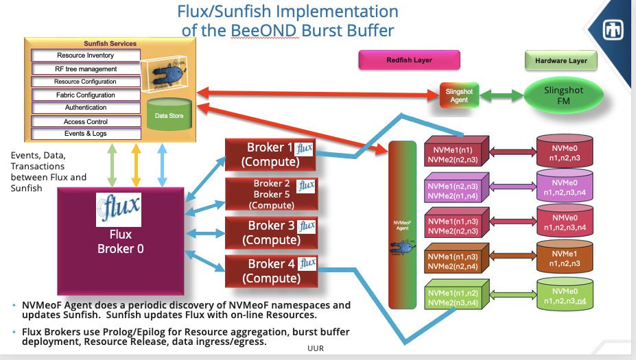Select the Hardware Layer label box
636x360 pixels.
coord(561,60)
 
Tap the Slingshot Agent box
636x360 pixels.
coord(459,95)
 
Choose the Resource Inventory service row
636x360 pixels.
coord(86,56)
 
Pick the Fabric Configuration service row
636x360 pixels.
coord(86,95)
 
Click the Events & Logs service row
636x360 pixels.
coord(86,134)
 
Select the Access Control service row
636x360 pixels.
coord(86,121)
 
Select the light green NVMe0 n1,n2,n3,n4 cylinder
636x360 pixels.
coord(565,296)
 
